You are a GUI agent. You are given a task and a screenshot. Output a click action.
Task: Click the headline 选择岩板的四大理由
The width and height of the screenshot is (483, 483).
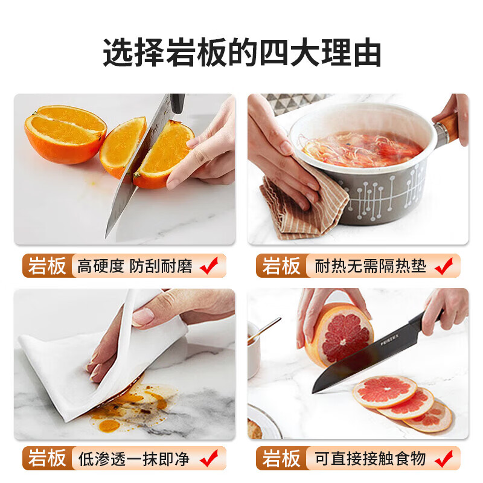click(242, 53)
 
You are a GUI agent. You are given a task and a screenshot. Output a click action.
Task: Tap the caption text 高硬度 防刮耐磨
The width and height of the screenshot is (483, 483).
click(135, 266)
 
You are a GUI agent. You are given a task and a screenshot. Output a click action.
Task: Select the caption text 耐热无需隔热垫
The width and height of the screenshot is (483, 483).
click(370, 266)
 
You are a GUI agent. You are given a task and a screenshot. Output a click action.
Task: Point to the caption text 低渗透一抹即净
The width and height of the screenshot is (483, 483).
click(133, 459)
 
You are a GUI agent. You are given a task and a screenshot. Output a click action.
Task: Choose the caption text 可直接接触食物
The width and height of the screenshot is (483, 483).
click(370, 459)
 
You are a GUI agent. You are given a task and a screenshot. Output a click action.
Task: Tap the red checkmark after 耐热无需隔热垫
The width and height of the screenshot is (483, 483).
click(444, 266)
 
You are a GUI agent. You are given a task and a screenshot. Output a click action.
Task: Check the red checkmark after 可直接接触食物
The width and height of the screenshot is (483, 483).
click(444, 458)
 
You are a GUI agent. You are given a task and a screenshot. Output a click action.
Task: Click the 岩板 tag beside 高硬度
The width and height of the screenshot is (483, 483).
click(47, 266)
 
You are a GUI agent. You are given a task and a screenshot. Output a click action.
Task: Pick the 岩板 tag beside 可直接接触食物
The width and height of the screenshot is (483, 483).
click(281, 458)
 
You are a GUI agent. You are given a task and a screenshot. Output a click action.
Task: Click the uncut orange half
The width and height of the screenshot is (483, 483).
click(65, 133)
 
